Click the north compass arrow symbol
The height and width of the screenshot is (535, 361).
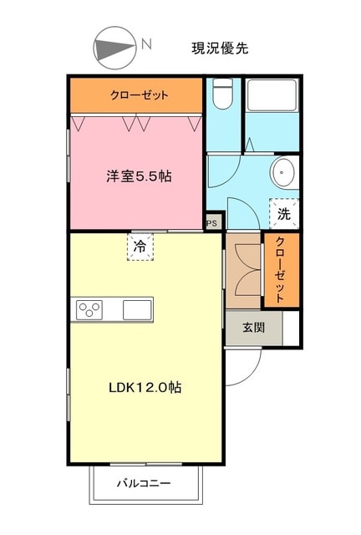(116, 48)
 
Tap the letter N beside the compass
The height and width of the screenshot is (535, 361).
(146, 44)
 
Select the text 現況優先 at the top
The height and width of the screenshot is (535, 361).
(220, 48)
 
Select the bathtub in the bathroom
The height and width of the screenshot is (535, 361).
(272, 99)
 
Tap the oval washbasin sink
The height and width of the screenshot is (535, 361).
(282, 173)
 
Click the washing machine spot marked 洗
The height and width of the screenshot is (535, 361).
(284, 213)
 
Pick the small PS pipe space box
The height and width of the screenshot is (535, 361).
(212, 223)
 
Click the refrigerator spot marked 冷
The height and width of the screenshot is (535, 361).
(140, 247)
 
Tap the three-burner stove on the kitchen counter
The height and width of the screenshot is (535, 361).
(89, 310)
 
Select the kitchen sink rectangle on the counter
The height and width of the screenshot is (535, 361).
(137, 309)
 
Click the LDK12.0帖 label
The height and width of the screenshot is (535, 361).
(145, 388)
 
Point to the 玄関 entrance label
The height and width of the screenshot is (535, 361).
(254, 328)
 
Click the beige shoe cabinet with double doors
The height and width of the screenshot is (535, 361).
(243, 270)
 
